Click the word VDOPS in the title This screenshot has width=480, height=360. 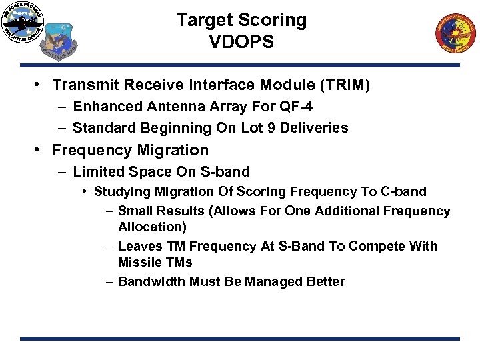pos(241,41)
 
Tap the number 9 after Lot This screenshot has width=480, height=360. pos(269,128)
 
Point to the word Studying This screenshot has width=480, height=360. pos(121,192)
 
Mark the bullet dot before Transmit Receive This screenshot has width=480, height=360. pos(41,85)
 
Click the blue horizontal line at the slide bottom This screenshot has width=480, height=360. pos(239,339)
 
